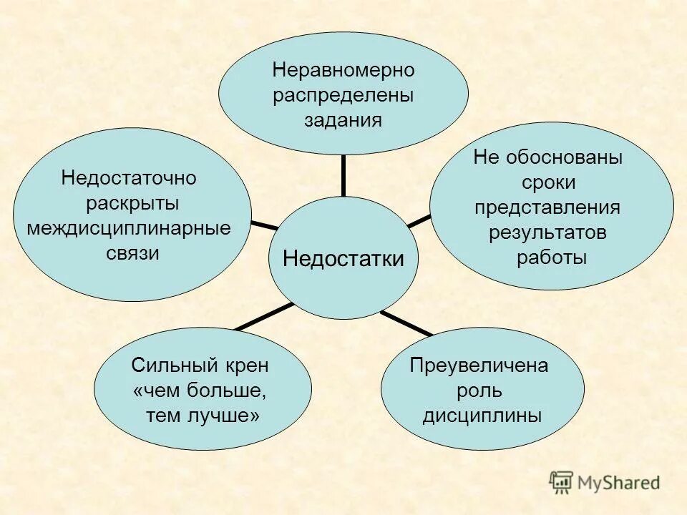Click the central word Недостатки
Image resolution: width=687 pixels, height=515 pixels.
tap(343, 259)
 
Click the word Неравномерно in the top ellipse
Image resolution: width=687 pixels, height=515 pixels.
tap(343, 71)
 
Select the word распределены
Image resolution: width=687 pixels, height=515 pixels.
tap(343, 95)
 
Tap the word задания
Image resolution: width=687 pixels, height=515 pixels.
tap(343, 119)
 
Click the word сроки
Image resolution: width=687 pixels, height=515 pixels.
tap(548, 183)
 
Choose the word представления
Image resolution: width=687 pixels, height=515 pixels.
tap(548, 207)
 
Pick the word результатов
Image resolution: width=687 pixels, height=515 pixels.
tap(548, 232)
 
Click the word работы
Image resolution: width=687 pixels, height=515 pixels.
tap(551, 257)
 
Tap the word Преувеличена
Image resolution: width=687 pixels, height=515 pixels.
tap(479, 366)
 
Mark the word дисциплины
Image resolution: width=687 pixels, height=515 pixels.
tap(482, 416)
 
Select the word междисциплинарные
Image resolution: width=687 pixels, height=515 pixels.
tap(129, 228)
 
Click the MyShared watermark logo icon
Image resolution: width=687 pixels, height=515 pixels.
tap(562, 483)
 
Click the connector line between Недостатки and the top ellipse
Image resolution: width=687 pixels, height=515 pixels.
tap(343, 175)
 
